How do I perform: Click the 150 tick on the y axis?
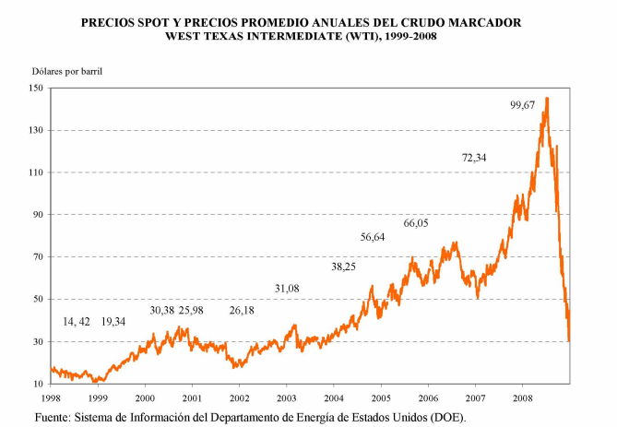tap(35, 88)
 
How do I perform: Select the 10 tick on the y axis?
tap(37, 384)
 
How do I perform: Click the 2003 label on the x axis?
tap(286, 397)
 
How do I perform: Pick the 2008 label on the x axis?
tap(522, 397)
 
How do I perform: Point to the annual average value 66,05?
tap(416, 223)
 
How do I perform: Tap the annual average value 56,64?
tap(373, 237)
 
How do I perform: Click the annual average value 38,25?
tap(343, 266)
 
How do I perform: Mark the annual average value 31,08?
tap(287, 289)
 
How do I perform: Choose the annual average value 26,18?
tap(242, 310)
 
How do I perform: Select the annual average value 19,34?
tap(113, 321)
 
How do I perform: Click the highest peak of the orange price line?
tap(547, 98)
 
